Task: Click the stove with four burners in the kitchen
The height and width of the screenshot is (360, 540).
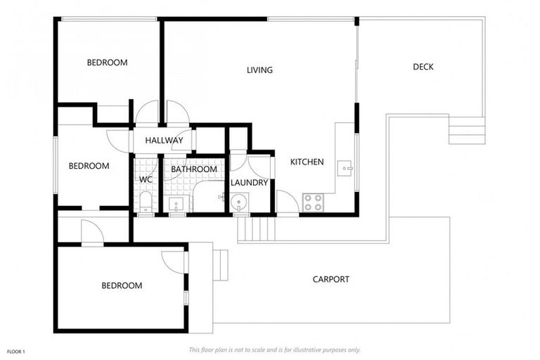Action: point(313,202)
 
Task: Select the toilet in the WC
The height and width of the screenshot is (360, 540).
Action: point(145,203)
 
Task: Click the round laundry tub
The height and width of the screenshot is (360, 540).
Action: point(240,205)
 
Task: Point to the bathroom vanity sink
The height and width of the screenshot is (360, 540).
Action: point(177,205)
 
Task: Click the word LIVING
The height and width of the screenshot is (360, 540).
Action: point(259,70)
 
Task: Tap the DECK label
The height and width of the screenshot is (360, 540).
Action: point(423,67)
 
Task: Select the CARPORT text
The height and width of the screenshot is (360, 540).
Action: point(330,279)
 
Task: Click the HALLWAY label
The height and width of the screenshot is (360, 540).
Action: point(164,141)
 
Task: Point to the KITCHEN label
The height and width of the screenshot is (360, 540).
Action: point(307,162)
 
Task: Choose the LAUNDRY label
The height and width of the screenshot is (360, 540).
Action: point(250,183)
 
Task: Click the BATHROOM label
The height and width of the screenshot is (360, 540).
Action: point(195,169)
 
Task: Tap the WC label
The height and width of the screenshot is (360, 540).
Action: point(146,180)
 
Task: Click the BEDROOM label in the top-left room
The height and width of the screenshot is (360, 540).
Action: point(107,63)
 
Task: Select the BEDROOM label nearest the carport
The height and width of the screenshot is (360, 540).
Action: point(122,285)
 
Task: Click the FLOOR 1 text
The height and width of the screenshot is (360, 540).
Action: point(16,350)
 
